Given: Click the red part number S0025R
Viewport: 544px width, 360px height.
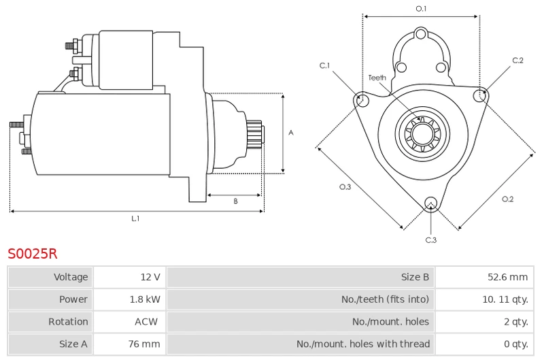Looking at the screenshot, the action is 32,254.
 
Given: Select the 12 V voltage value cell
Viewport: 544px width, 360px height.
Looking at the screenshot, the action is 150,277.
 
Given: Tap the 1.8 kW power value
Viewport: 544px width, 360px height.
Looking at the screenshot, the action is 145,299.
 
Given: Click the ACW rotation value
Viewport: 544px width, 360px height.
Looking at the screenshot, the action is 146,321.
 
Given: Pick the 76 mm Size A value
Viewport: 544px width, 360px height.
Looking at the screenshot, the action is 144,344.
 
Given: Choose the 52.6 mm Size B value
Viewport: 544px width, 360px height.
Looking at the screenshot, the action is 507,277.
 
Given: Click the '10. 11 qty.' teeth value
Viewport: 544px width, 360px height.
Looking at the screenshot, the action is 505,299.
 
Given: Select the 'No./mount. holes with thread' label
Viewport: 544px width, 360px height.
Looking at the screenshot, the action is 363,344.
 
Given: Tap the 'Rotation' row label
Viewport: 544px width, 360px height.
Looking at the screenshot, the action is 68,321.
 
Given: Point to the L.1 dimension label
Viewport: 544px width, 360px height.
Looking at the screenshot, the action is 135,218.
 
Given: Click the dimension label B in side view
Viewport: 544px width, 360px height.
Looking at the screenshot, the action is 235,201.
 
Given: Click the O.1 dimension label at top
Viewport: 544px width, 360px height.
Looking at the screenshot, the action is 421,9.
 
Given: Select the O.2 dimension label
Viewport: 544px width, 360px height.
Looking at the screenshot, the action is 507,199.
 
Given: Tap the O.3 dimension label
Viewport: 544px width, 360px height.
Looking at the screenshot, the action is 345,187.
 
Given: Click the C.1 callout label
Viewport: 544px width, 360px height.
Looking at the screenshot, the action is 324,65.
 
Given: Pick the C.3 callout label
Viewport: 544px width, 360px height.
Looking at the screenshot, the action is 431,240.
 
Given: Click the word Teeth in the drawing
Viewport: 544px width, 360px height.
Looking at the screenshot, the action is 377,78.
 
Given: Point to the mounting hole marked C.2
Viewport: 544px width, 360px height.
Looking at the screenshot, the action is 479,95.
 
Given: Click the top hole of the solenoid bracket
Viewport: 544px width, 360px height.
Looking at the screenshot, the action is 421,34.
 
